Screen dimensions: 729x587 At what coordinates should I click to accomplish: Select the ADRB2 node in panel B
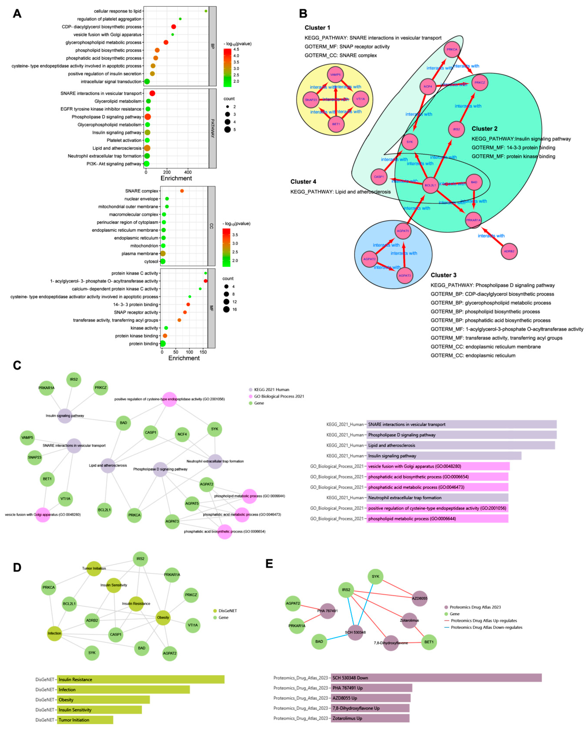(509, 251)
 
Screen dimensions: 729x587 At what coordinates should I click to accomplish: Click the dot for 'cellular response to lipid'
(206, 11)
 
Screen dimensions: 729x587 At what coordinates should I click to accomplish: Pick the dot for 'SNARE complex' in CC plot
(182, 191)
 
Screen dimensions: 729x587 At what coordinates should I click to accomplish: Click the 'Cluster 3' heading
(443, 275)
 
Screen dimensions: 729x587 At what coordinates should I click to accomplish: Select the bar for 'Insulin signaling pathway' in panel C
(444, 456)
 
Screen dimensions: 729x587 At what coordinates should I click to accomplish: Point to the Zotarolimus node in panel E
(409, 620)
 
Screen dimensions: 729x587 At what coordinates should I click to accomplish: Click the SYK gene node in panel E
(375, 576)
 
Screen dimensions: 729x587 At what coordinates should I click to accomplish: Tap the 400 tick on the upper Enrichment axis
(188, 172)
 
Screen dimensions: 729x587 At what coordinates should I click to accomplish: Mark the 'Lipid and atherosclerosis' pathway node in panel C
(108, 466)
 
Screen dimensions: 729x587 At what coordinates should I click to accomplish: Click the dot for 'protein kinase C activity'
(206, 273)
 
